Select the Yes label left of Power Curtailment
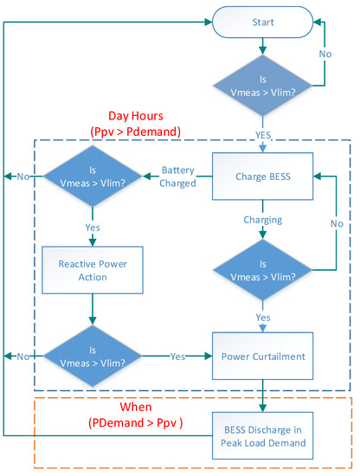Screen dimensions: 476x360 pos(177,355)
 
